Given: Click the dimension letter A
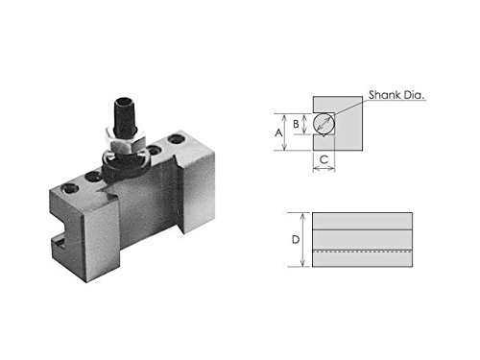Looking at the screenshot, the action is point(278,132).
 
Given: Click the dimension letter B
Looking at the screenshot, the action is point(296,124).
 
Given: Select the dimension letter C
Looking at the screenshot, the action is point(324,159).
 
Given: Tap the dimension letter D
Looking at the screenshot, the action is point(296,239).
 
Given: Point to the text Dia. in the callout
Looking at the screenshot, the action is point(414,95).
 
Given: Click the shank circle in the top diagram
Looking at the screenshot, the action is point(324,124).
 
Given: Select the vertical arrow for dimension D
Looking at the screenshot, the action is point(303,240).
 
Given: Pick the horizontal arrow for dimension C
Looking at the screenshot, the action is point(324,168).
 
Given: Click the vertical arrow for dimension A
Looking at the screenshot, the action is point(284,132).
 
